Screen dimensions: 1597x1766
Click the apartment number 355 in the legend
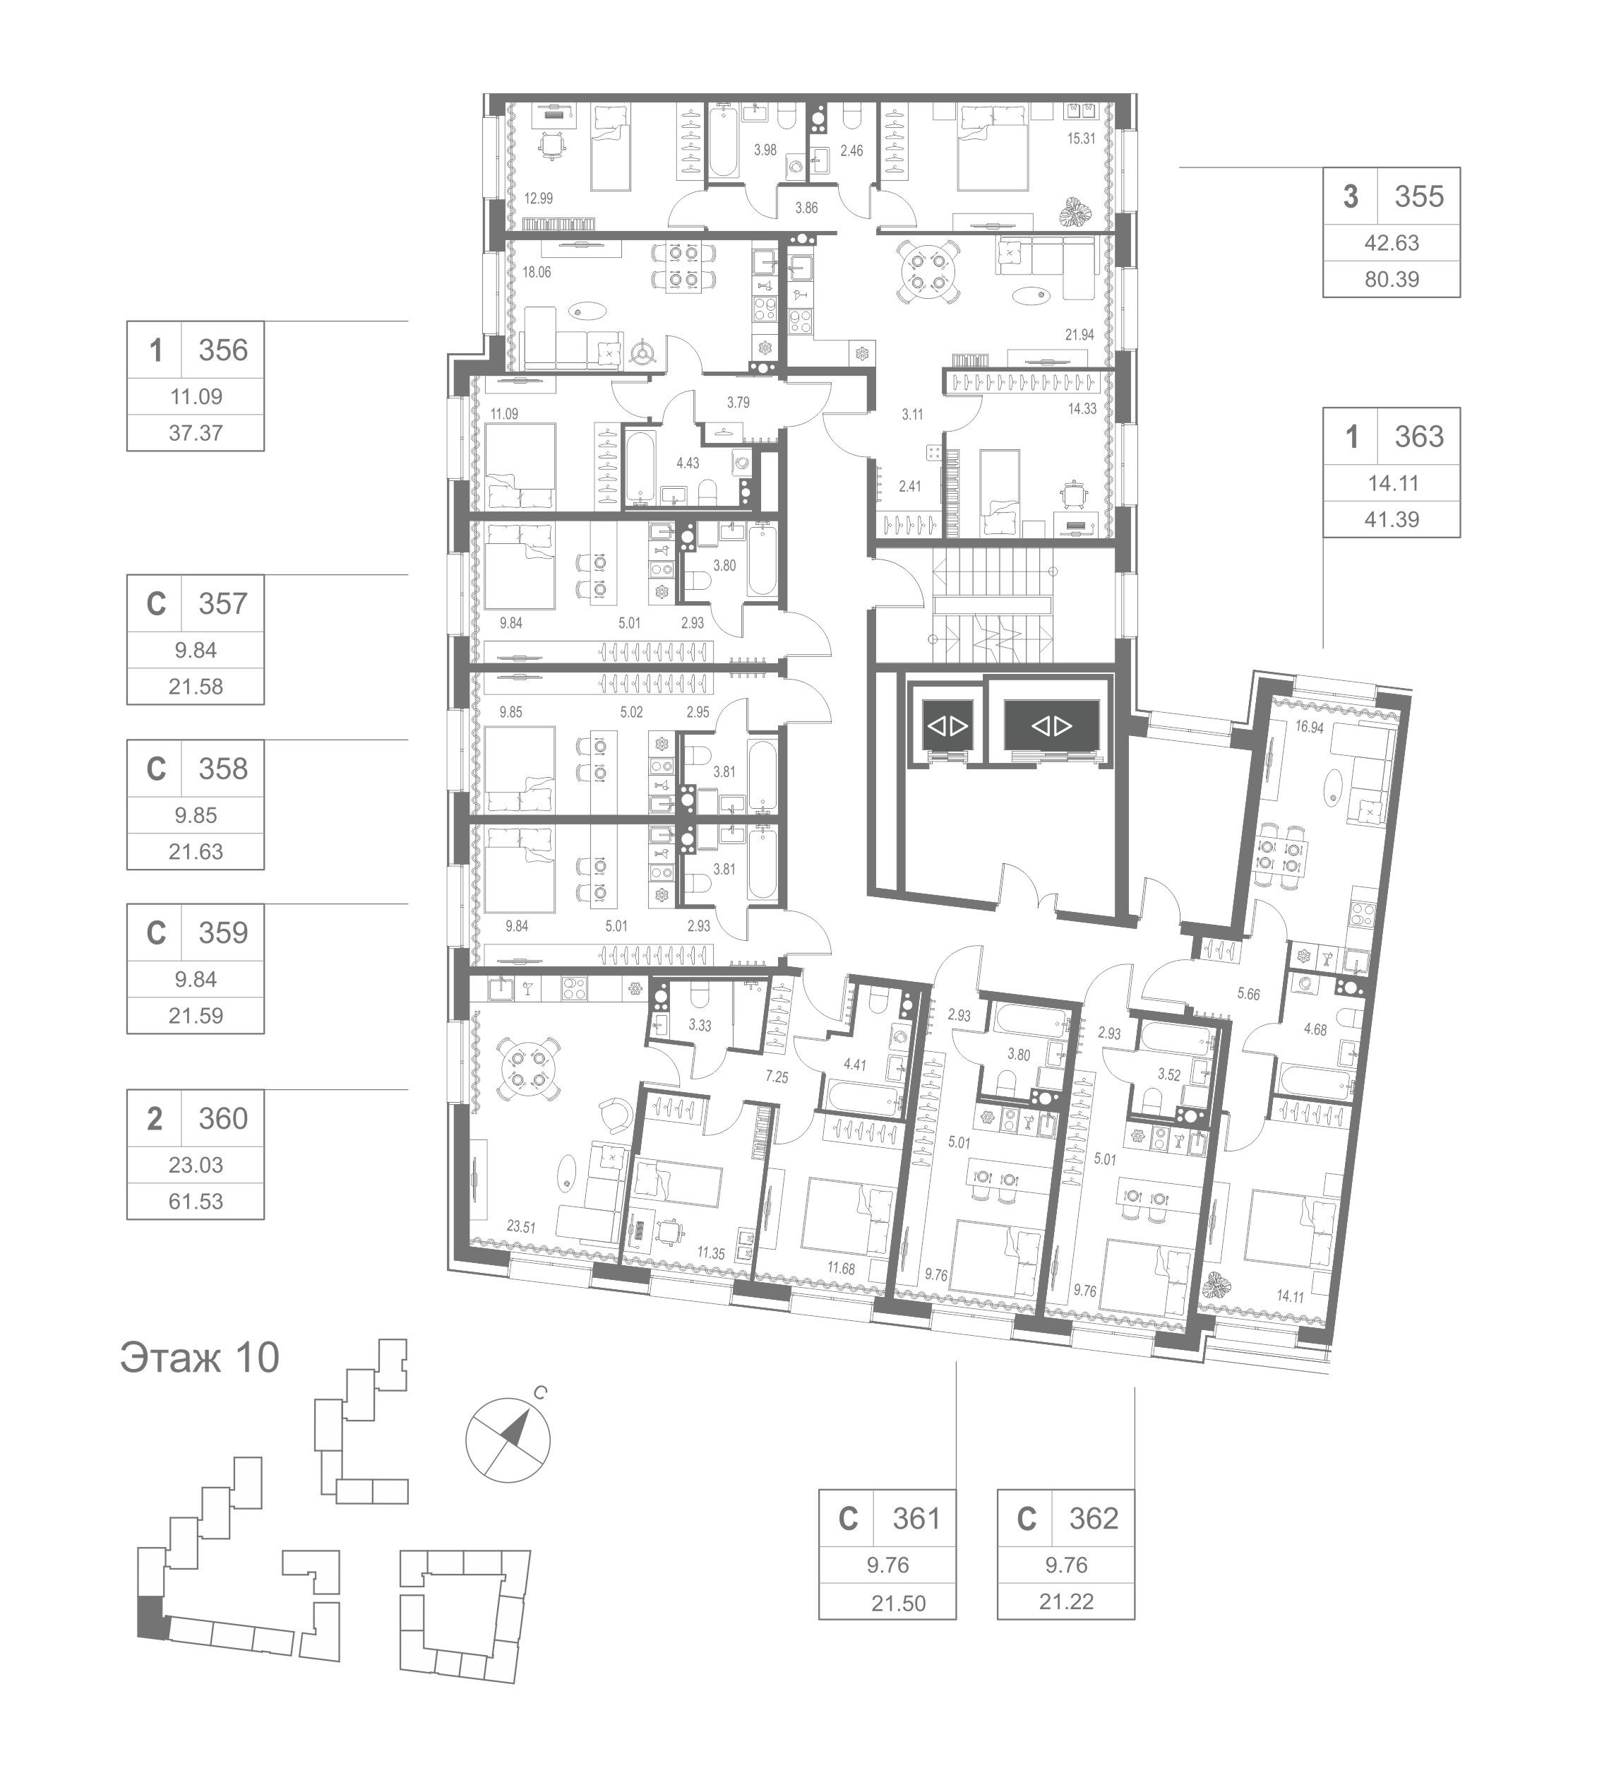(1418, 196)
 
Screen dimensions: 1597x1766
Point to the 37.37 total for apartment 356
(196, 433)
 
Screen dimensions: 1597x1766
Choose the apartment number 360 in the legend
(222, 1119)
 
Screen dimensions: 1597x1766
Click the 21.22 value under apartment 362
(1065, 1601)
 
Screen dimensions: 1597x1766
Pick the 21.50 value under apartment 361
(897, 1603)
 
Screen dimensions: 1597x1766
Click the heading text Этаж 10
(199, 1357)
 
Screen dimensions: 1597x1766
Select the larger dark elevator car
(1051, 725)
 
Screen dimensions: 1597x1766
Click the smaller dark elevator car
(947, 725)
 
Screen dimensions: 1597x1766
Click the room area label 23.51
(520, 1226)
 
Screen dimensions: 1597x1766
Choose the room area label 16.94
(1308, 726)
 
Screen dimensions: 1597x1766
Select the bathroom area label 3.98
(765, 150)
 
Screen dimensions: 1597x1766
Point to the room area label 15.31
(1080, 138)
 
